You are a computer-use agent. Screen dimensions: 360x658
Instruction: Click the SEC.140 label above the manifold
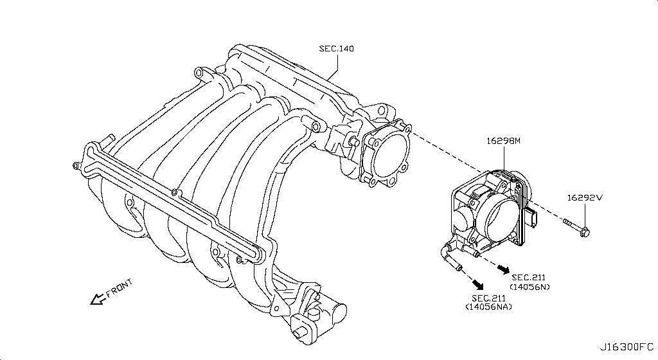(337, 48)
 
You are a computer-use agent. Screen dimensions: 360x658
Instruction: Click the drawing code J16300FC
(627, 348)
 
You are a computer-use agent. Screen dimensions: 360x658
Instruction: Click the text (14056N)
(530, 286)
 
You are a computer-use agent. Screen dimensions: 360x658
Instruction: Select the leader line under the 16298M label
(503, 157)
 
